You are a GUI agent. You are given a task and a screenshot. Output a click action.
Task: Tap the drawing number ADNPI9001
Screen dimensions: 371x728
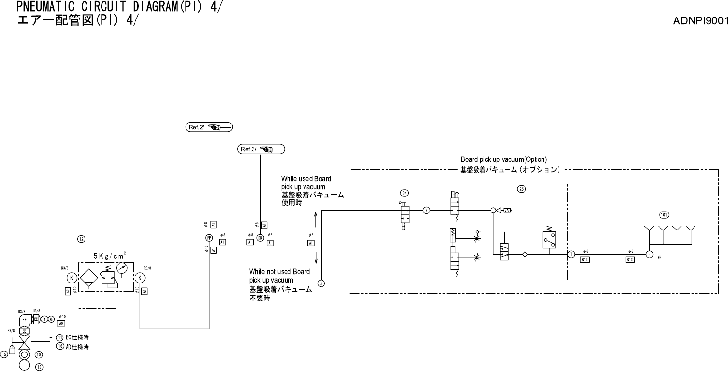(x=700, y=21)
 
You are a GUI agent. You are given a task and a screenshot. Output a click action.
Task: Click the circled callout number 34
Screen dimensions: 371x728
(x=404, y=193)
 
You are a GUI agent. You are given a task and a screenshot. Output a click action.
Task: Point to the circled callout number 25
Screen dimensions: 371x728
(x=521, y=189)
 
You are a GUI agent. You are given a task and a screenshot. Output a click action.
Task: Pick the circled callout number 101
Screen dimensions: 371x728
(x=664, y=215)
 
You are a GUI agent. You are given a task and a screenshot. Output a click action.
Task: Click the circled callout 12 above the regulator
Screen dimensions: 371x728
(x=82, y=239)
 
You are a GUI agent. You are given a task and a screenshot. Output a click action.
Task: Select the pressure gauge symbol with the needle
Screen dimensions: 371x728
(x=124, y=268)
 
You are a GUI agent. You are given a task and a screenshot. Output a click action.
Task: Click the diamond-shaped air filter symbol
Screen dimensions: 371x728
(x=89, y=278)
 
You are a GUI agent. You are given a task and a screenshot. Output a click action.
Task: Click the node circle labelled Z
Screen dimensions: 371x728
(x=321, y=283)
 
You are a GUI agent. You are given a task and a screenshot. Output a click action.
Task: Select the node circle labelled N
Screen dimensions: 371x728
(x=426, y=211)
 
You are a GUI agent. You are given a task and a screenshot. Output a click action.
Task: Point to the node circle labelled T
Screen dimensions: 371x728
(x=571, y=254)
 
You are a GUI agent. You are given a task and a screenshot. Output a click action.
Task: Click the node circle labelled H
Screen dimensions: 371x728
(x=649, y=254)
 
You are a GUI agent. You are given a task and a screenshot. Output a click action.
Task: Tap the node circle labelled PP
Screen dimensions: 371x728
(x=209, y=238)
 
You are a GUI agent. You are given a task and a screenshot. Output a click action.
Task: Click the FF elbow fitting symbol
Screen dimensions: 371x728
(x=24, y=320)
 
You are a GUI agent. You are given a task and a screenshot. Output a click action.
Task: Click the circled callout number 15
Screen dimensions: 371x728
(x=4, y=354)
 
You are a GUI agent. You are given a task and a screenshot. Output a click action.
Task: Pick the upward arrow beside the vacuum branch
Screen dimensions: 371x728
(x=316, y=218)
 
